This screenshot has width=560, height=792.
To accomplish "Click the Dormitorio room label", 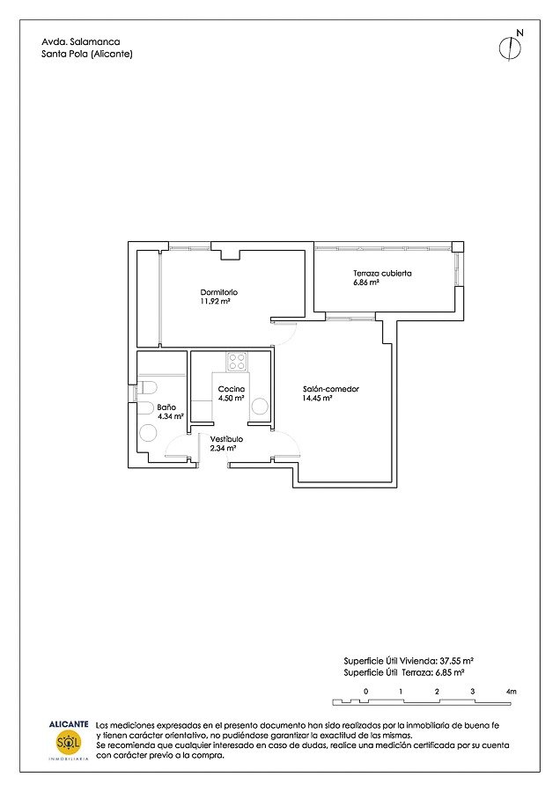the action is coord(219,292).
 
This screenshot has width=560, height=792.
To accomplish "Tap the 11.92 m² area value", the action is coord(216,302).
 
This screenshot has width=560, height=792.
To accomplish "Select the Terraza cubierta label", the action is coord(382,274).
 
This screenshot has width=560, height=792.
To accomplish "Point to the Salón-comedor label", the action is coord(331,389).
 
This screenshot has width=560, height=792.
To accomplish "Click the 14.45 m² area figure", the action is coord(317,399).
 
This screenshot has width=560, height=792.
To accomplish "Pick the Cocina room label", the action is coord(232,389).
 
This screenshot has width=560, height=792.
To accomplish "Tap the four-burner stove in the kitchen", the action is coord(237,362).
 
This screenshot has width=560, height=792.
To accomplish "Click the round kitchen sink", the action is coord(260,406).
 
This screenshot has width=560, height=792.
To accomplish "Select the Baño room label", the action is coord(166,407).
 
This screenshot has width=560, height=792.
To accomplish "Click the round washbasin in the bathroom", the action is coord(148,433).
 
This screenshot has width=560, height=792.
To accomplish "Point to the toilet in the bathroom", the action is coord(147,388).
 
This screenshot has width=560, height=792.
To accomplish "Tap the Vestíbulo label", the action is coord(226,439).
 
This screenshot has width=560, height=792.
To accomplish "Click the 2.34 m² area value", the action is coord(223,448).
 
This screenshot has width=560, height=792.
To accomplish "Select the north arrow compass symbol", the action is coord(510,48).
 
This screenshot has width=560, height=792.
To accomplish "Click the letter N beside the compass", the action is coord(519,33).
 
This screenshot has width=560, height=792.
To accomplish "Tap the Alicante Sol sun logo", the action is coord(68,743).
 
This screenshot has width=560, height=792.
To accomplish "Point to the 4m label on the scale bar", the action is coord(511,692).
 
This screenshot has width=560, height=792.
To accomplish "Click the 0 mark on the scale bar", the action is coord(366,692).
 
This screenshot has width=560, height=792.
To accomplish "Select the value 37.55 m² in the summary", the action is coord(456,661).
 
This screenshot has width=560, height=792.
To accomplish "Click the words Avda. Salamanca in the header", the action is coord(81,42).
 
